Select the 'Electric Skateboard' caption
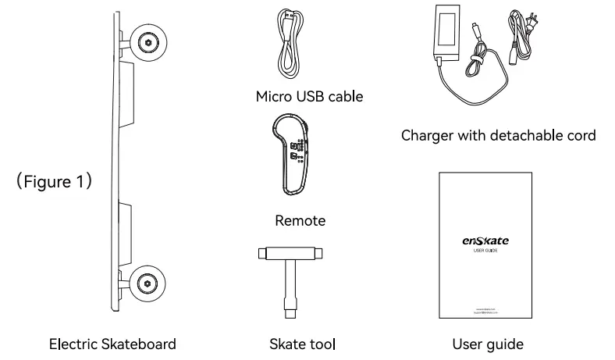[x=112, y=344]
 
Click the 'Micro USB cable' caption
[x=309, y=97]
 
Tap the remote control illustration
[x=293, y=153]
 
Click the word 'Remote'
[x=300, y=221]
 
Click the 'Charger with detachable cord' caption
[x=498, y=135]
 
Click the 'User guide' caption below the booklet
[x=488, y=344]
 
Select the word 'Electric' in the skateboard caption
[x=73, y=344]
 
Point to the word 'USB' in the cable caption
[x=307, y=97]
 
